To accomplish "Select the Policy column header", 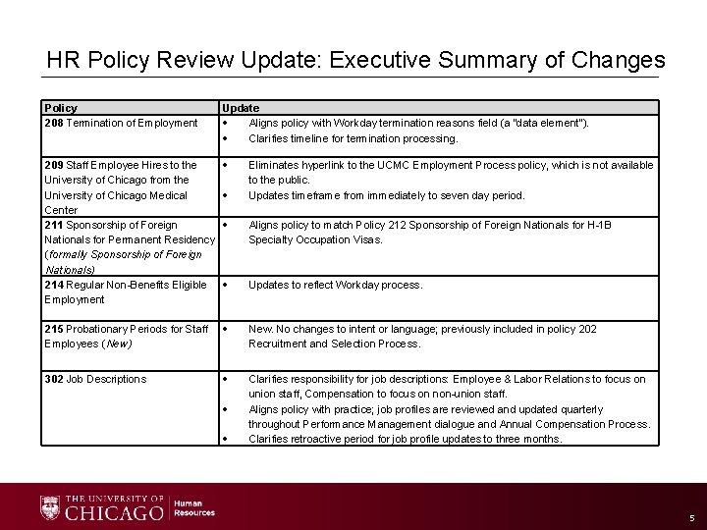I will (61, 108).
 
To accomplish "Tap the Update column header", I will (241, 108).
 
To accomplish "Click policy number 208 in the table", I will (54, 123).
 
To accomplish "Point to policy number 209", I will (54, 165).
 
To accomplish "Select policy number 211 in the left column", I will (54, 225).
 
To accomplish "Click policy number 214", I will (54, 285).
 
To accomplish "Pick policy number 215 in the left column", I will (54, 329).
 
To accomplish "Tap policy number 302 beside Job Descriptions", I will (54, 379).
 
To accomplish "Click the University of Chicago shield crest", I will (50, 507).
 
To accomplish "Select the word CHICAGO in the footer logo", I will (114, 513).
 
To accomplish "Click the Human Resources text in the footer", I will (194, 507).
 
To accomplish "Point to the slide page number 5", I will (691, 517).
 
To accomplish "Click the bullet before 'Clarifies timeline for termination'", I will (226, 138).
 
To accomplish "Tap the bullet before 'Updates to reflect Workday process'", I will (226, 285).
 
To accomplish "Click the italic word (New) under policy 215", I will (115, 344).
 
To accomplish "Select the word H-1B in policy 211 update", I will (598, 225).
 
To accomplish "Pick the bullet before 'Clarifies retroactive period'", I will (226, 439).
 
